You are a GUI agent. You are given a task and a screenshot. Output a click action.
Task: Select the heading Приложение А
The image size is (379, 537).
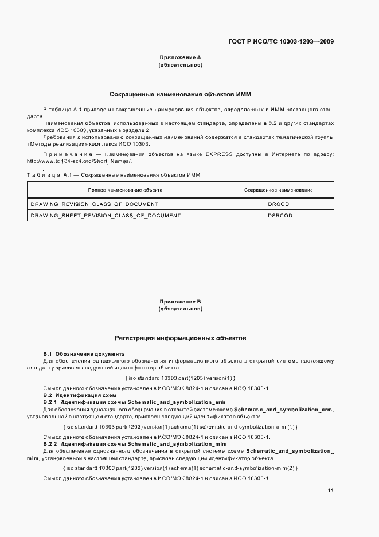(x=180, y=57)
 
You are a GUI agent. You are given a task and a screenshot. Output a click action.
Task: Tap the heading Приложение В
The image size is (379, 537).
(x=180, y=301)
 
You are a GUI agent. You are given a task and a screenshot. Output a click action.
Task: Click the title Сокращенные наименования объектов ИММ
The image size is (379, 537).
(x=180, y=94)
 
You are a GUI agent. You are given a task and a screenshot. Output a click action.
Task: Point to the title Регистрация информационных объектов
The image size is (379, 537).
(x=180, y=338)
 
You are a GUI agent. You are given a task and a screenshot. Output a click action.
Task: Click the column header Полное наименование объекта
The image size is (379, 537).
(x=125, y=189)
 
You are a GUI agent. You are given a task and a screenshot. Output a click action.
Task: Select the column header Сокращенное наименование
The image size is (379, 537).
(x=279, y=189)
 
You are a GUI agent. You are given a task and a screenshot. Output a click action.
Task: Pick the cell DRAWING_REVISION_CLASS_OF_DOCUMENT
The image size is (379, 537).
(x=94, y=204)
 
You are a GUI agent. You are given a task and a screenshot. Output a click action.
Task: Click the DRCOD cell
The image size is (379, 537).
(x=279, y=204)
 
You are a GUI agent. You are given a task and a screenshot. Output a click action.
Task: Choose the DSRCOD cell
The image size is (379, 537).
(x=279, y=216)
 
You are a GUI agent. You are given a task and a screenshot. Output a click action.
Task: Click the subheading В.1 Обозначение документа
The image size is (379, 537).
(x=84, y=354)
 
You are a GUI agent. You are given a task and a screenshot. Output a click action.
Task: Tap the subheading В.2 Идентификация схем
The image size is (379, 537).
(x=80, y=395)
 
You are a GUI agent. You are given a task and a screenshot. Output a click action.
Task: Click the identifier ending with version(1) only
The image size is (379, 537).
(x=180, y=378)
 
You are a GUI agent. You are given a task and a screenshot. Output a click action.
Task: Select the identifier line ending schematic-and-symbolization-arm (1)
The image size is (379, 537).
(x=180, y=427)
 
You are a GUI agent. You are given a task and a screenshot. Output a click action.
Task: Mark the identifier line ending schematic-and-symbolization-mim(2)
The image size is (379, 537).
(x=180, y=468)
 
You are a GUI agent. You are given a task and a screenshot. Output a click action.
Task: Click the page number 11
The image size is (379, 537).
(x=331, y=491)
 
